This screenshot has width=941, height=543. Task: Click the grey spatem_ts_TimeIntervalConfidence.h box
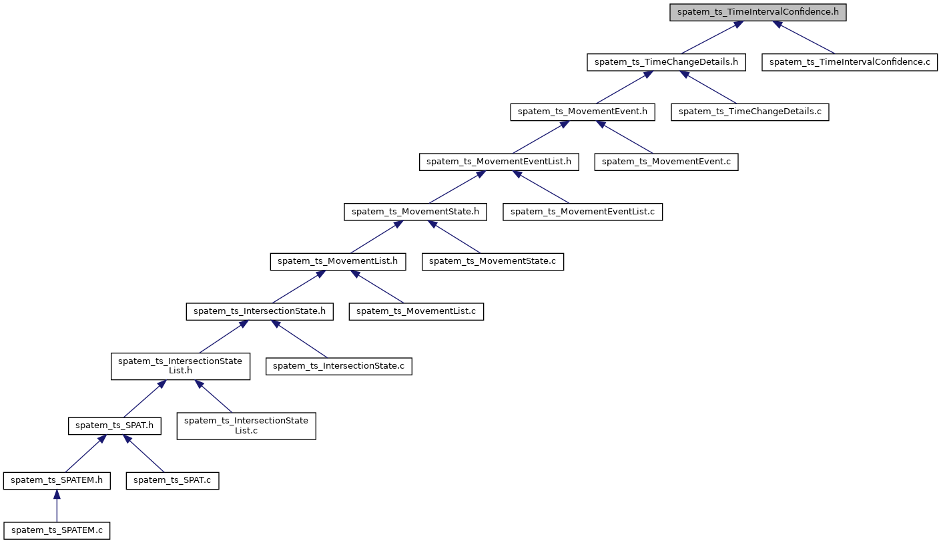pyautogui.click(x=758, y=13)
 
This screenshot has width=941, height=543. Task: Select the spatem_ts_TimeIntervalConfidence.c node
pyautogui.click(x=850, y=62)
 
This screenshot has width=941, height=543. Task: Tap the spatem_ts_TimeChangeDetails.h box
pyautogui.click(x=666, y=62)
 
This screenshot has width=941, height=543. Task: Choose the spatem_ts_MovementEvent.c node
pyautogui.click(x=666, y=162)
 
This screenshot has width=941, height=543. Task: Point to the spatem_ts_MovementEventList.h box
pyautogui.click(x=499, y=162)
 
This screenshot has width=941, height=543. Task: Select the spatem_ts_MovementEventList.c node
pyautogui.click(x=583, y=212)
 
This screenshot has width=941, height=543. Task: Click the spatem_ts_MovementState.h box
pyautogui.click(x=415, y=212)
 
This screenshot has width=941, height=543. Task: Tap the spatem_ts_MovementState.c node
pyautogui.click(x=493, y=261)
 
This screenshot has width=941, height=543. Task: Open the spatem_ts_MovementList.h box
pyautogui.click(x=338, y=261)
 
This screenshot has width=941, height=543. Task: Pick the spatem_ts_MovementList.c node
pyautogui.click(x=416, y=311)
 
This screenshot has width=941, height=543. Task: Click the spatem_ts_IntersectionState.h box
pyautogui.click(x=259, y=311)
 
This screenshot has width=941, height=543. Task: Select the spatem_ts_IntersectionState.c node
pyautogui.click(x=339, y=366)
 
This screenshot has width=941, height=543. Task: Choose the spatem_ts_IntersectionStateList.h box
pyautogui.click(x=180, y=366)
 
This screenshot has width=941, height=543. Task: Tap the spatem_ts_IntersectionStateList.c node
pyautogui.click(x=246, y=425)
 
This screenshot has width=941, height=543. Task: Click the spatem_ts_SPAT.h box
pyautogui.click(x=115, y=425)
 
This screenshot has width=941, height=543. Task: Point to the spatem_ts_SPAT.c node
pyautogui.click(x=172, y=480)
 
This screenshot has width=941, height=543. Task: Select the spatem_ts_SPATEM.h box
pyautogui.click(x=57, y=480)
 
